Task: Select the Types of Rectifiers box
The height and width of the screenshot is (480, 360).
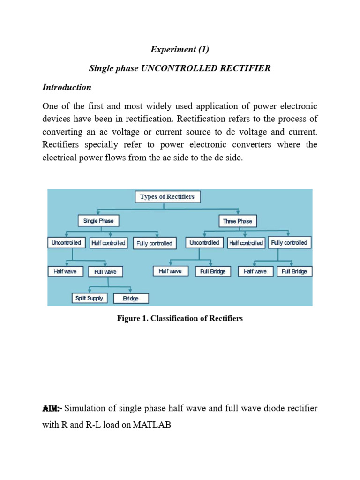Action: [167, 197]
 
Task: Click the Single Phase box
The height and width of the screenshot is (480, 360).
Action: [98, 221]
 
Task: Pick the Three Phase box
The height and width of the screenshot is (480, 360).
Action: [237, 221]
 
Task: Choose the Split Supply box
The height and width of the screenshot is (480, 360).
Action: [90, 298]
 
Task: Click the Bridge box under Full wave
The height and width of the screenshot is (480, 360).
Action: [131, 299]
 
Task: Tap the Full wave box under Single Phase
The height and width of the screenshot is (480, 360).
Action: [105, 271]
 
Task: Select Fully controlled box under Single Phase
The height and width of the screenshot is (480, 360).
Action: [154, 243]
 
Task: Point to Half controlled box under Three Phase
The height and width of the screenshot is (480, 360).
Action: [247, 243]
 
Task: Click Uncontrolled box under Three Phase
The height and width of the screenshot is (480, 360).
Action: [204, 243]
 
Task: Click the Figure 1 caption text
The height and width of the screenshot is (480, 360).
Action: [180, 319]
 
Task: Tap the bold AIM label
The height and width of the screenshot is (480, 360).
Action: [52, 409]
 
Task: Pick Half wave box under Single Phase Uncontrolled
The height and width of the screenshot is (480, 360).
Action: [65, 271]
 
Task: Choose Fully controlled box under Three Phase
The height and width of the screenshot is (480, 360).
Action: [289, 243]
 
